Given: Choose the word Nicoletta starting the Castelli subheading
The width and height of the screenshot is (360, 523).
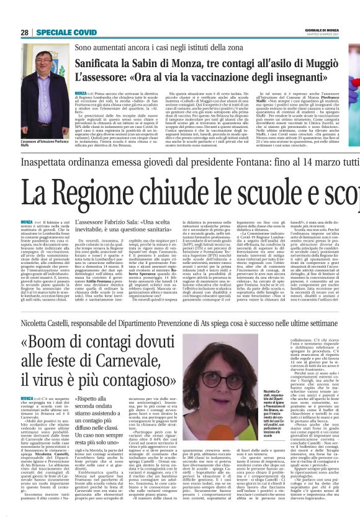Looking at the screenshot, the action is click(35, 324).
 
